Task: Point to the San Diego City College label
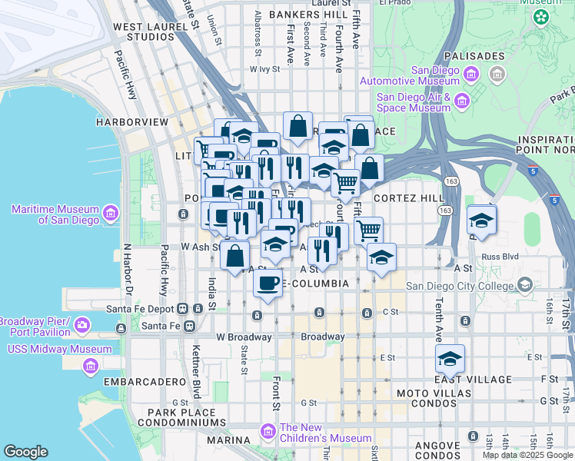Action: point(459,287)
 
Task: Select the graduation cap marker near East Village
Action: point(450,359)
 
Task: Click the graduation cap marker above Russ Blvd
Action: point(482,220)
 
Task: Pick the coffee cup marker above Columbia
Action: point(268,284)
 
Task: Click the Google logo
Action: point(25,452)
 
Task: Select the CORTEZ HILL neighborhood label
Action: point(408,198)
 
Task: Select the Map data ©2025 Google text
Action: point(527,455)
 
